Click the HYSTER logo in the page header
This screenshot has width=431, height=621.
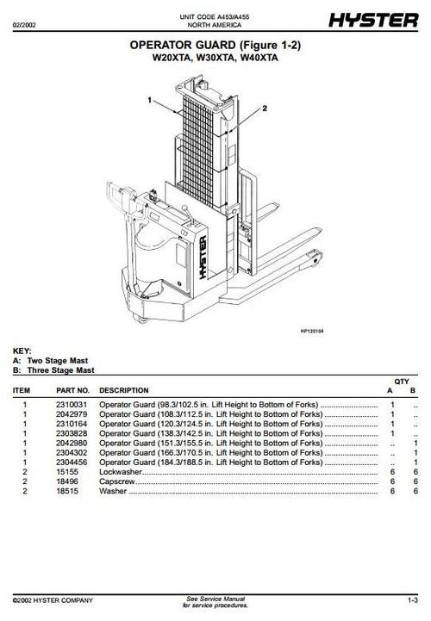point(377,18)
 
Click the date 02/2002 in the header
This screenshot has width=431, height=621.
point(25,23)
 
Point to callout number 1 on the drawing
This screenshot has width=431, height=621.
point(148,101)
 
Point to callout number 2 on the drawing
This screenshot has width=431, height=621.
point(264,109)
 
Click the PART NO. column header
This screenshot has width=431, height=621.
point(72,390)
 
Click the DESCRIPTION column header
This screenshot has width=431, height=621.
point(124,390)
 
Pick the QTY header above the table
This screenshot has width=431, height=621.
point(402,381)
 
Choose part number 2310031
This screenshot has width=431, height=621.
point(71,404)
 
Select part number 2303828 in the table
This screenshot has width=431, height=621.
point(71,433)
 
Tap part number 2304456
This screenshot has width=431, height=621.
point(71,462)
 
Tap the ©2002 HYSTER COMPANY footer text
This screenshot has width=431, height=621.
point(53,599)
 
